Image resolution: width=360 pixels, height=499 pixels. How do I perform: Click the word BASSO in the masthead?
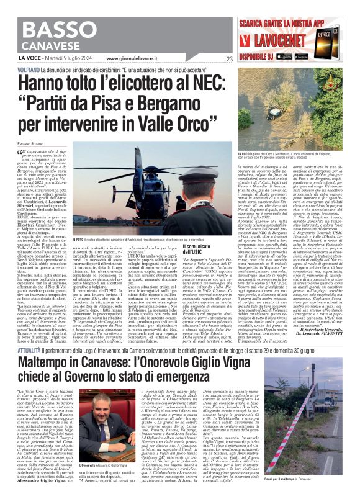coord(59,29)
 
